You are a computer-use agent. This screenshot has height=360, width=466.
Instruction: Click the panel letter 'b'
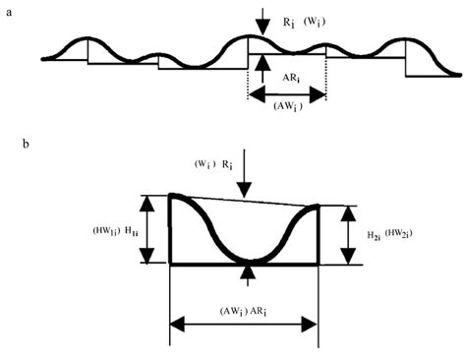point(27,146)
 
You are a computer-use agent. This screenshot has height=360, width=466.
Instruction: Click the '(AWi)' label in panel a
point(286,109)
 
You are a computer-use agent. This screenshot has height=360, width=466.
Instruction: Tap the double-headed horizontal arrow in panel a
point(286,95)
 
